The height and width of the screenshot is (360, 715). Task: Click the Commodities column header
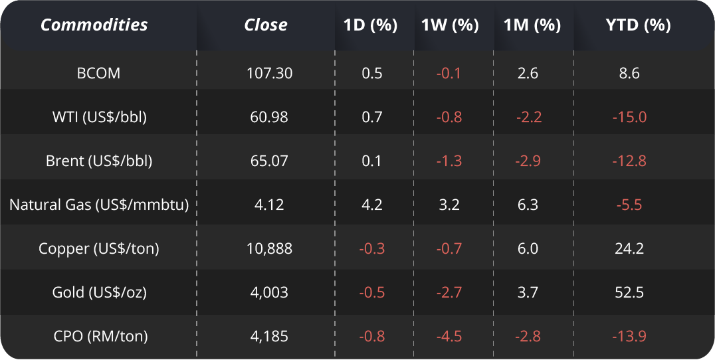(94, 25)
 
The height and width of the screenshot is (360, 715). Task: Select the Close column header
(266, 25)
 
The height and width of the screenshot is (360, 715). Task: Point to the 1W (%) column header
(450, 25)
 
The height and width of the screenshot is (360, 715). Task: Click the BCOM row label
(99, 73)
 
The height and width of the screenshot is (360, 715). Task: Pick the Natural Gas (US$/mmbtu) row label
(99, 205)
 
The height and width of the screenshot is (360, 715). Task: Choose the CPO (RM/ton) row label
(99, 336)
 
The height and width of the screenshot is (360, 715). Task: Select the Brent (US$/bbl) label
(99, 161)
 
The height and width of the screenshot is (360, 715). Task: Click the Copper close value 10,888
(269, 248)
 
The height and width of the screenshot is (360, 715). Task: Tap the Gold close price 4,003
(269, 292)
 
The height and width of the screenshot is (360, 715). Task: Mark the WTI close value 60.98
(269, 117)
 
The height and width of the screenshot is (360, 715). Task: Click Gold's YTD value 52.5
(629, 292)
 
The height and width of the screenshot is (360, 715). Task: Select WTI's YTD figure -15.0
(629, 117)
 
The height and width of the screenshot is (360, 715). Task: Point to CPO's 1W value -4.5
(449, 336)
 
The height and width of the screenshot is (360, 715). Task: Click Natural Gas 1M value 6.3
(528, 205)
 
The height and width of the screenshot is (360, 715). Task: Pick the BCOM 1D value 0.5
(372, 73)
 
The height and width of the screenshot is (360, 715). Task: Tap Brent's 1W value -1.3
(449, 161)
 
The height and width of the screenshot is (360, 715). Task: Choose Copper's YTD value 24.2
(629, 248)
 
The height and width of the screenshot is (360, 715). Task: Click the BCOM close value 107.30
(269, 73)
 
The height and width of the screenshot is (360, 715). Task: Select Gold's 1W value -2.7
(449, 292)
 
